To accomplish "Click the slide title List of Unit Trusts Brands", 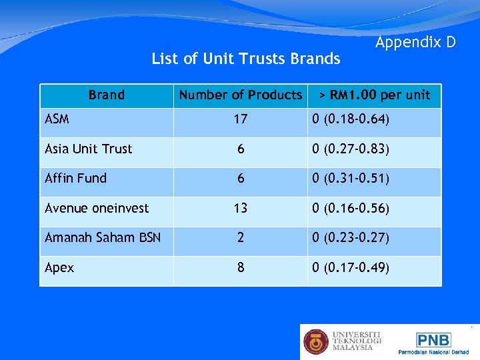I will [x=245, y=59].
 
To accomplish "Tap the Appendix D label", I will [x=415, y=43].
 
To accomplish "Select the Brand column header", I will [x=107, y=95].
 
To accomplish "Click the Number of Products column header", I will [x=240, y=95].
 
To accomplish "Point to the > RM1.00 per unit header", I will [x=374, y=95].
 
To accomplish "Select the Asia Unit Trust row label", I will [x=88, y=149].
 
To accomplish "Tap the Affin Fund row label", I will [x=75, y=178].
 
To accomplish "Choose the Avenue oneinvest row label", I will [x=97, y=208].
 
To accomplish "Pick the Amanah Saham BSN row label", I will [x=103, y=237].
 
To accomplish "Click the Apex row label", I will [x=59, y=267].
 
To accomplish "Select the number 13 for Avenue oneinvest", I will [x=240, y=208].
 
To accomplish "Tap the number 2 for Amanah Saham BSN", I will [x=240, y=237].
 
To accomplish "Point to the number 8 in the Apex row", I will [x=240, y=267].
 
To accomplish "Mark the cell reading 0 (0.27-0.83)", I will [x=351, y=149].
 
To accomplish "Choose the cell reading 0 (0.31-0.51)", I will [x=351, y=178].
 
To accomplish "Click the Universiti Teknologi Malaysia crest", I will [x=316, y=341].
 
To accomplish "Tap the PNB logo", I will [x=434, y=340].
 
